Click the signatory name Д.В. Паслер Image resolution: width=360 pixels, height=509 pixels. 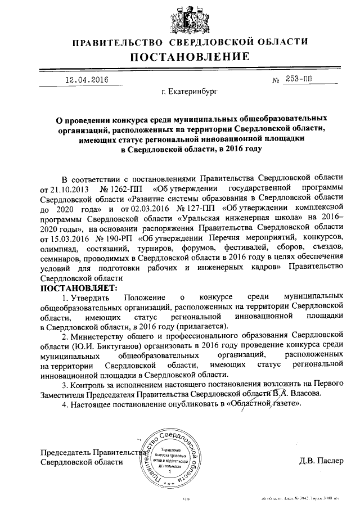pos(321,462)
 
